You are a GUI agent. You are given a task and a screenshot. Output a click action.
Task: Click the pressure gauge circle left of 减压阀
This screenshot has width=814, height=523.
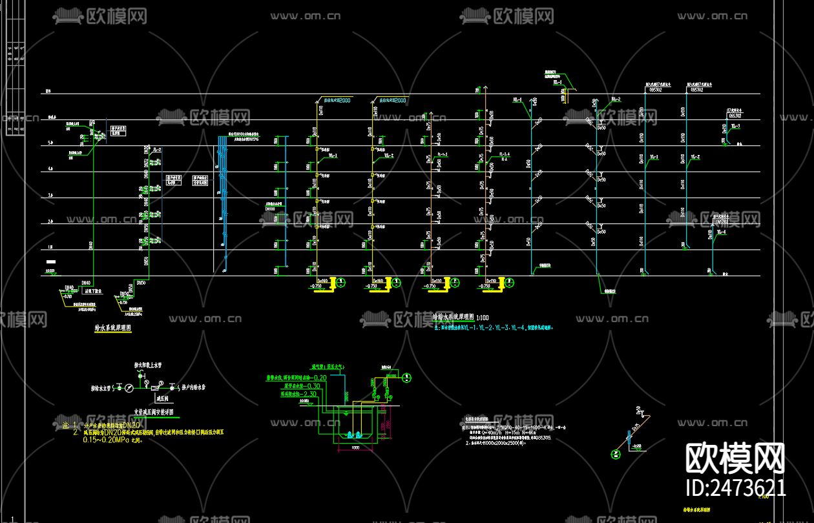point(129,387)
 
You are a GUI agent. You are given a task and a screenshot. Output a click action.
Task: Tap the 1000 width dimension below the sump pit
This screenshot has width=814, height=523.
point(355,447)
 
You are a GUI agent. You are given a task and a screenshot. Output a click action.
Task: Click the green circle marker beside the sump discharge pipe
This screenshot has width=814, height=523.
point(407,377)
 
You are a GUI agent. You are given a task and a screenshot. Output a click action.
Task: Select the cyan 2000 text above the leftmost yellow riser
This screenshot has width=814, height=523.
point(344,101)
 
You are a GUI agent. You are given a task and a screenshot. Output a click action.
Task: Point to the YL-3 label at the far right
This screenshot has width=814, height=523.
point(736,126)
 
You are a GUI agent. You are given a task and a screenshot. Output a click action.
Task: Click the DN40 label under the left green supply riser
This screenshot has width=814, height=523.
point(86,283)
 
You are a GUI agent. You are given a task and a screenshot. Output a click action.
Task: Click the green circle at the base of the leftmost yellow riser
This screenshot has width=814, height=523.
point(342,282)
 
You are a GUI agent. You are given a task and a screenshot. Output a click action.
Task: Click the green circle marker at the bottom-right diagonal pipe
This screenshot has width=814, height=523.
point(616,454)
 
